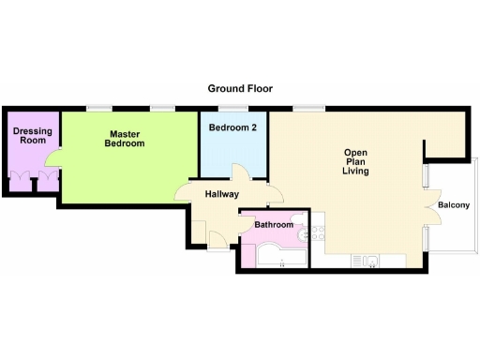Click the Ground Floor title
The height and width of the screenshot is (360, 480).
(x=240, y=88)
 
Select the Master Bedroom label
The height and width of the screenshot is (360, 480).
(x=124, y=139)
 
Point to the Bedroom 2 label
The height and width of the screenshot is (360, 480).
(x=232, y=127)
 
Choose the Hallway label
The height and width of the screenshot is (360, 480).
(x=222, y=194)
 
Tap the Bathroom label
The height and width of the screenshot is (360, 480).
(x=275, y=225)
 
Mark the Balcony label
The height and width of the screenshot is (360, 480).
(x=454, y=205)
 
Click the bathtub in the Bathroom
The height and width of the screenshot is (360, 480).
(x=278, y=256)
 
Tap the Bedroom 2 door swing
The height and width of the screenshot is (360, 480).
(x=240, y=174)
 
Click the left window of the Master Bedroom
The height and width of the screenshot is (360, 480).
(x=96, y=108)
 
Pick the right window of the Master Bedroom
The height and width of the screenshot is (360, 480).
(x=164, y=108)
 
